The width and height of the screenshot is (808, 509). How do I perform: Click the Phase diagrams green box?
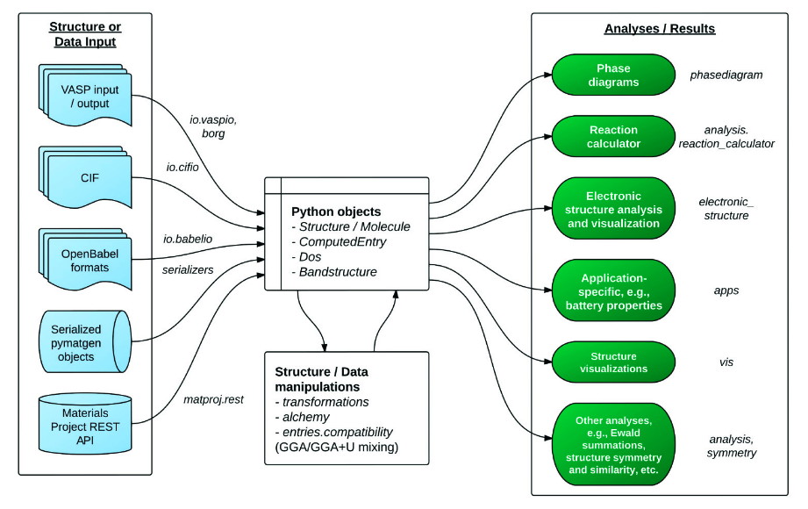pyautogui.click(x=613, y=75)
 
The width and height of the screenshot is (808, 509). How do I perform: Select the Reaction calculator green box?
pyautogui.click(x=613, y=136)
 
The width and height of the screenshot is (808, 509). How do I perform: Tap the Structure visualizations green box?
pyautogui.click(x=613, y=362)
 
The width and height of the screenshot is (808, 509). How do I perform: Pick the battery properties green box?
pyautogui.click(x=613, y=290)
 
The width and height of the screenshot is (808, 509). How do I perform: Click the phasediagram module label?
pyautogui.click(x=726, y=75)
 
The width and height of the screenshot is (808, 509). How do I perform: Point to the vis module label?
pyautogui.click(x=726, y=362)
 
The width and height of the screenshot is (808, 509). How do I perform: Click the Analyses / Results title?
pyautogui.click(x=660, y=29)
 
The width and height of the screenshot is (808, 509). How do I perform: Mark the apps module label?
pyautogui.click(x=726, y=290)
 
